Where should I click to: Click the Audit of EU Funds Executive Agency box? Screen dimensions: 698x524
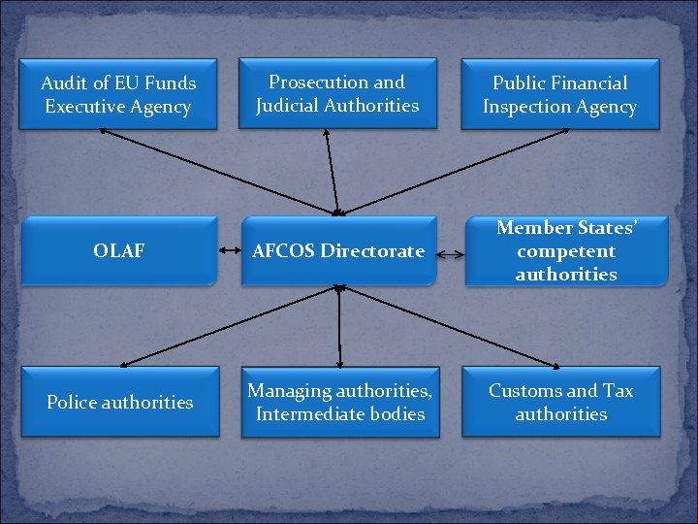(x=118, y=95)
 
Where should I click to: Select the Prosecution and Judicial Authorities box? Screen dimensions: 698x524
(x=337, y=93)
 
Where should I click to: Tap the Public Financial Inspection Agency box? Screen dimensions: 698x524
(x=559, y=95)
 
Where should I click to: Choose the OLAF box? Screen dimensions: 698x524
(x=118, y=250)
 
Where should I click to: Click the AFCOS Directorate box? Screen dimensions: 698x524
(x=337, y=250)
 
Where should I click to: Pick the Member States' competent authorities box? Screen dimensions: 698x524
(x=566, y=250)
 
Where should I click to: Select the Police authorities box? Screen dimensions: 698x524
(x=119, y=402)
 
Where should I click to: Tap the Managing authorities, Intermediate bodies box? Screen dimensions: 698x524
(x=338, y=402)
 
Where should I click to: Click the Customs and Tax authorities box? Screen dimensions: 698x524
(x=560, y=402)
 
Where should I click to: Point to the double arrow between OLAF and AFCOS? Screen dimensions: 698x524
(x=230, y=251)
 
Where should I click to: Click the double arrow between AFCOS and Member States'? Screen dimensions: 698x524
(x=448, y=255)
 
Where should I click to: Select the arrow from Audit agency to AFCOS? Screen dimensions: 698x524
(x=223, y=171)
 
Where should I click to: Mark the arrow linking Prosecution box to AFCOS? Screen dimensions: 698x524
(x=331, y=171)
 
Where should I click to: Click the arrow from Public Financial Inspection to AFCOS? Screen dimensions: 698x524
(x=446, y=171)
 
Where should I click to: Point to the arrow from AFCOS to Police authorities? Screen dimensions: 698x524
(x=228, y=326)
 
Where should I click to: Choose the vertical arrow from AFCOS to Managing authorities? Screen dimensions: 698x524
(x=339, y=326)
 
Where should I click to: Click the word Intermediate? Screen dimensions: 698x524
(x=302, y=414)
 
